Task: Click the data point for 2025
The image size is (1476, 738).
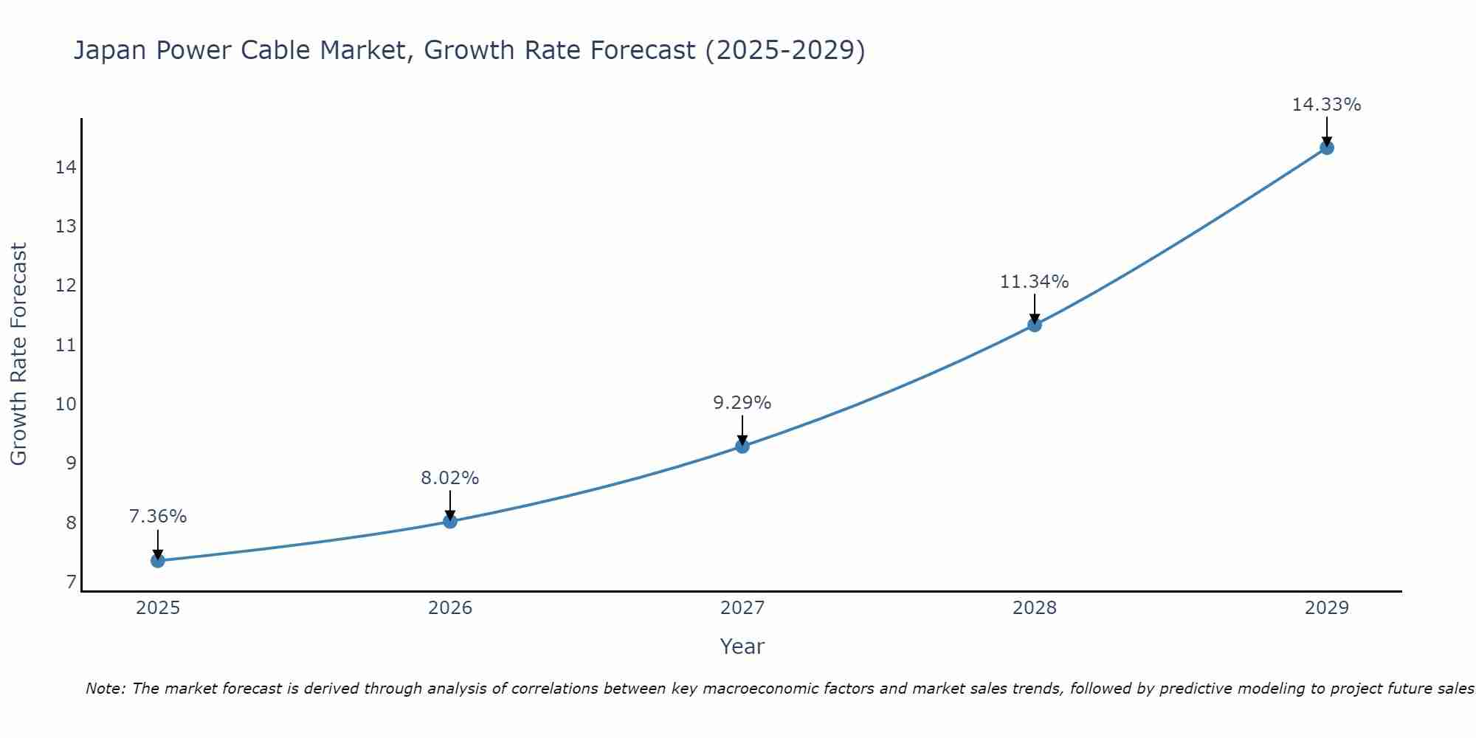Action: pos(157,561)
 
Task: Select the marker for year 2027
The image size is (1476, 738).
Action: pos(742,446)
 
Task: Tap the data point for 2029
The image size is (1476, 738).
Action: pos(1326,148)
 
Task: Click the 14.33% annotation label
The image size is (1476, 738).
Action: pos(1326,105)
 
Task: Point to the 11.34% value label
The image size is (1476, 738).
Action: pos(1034,282)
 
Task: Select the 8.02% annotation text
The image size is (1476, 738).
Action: pos(449,478)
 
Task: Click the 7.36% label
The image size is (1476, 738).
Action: pos(157,517)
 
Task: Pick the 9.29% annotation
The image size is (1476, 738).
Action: pos(742,403)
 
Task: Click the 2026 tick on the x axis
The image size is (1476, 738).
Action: pos(449,608)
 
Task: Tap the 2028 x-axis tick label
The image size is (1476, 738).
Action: pos(1034,608)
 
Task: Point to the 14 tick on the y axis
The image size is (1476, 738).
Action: pos(66,168)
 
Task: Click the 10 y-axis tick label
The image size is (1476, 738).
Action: pos(66,404)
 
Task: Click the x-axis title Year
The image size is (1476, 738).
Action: pos(742,646)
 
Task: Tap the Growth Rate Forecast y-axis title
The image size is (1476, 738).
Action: pos(18,354)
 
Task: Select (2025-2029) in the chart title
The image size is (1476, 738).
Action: pos(784,50)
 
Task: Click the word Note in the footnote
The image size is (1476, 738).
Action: pos(105,689)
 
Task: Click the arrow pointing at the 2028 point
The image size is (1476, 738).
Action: pos(1034,308)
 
